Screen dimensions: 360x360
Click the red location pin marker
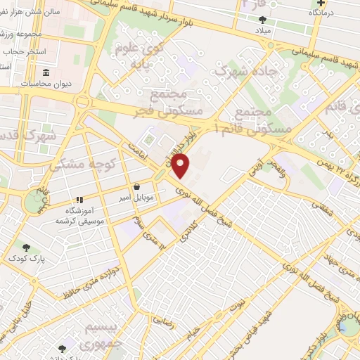(x=182, y=165)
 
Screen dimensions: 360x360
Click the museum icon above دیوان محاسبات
(x=46, y=73)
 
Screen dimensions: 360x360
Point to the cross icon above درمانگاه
(x=321, y=4)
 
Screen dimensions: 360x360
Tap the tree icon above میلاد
(x=263, y=20)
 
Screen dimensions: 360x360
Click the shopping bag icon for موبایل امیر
(x=136, y=187)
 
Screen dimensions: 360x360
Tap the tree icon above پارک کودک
(x=27, y=247)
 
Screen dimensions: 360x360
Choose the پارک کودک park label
(x=27, y=259)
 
